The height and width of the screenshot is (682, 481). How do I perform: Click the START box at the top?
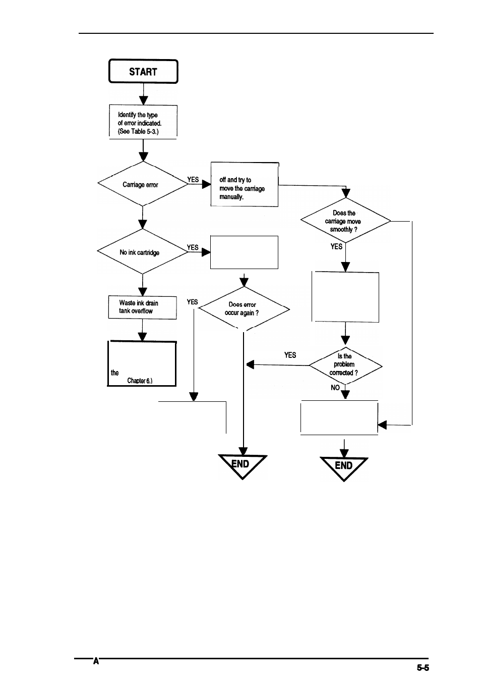[143, 72]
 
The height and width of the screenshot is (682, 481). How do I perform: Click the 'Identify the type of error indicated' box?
[143, 122]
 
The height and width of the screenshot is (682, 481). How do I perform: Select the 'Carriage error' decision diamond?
[143, 184]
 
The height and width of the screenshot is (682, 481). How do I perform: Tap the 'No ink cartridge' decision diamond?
[142, 252]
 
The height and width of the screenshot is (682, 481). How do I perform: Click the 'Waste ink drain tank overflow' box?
[142, 307]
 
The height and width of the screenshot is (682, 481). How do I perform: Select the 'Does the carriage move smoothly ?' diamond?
[345, 221]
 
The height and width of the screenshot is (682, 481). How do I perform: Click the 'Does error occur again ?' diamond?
[244, 308]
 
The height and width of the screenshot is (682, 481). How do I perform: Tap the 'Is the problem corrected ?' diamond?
[345, 364]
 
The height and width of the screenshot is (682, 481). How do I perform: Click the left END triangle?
[242, 464]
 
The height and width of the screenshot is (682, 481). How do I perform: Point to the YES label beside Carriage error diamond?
[193, 179]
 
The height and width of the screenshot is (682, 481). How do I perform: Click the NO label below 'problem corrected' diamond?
[335, 388]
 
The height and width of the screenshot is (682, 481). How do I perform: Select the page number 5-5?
[423, 667]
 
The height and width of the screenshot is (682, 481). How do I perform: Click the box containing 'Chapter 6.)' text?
[142, 364]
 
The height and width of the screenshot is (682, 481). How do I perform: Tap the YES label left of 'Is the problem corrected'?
[290, 355]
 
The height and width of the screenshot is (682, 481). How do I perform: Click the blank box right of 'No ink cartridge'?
[244, 252]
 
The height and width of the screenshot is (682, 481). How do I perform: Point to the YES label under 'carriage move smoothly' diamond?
[336, 246]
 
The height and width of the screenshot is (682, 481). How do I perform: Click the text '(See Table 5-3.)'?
[138, 131]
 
